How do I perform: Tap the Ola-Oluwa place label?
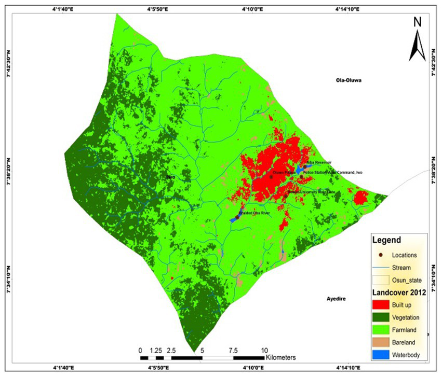(348, 80)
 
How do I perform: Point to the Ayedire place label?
(336, 300)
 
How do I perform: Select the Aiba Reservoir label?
(319, 163)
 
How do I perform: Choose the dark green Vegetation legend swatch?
(381, 316)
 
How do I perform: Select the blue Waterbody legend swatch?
(381, 355)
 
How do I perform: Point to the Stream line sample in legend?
(381, 268)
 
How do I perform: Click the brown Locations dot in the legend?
(381, 255)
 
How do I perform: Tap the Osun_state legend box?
(381, 280)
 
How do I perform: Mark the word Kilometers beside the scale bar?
(281, 357)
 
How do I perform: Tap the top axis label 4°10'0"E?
(253, 9)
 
